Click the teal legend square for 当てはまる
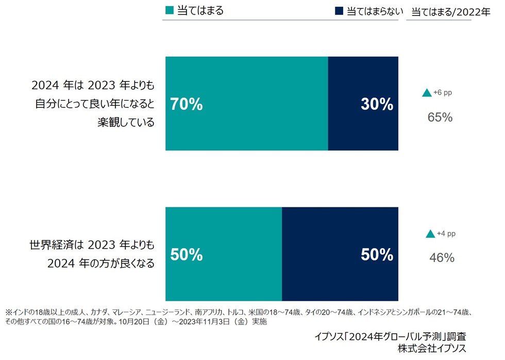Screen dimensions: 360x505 pyautogui.click(x=170, y=10)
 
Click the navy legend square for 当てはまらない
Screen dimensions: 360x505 pyautogui.click(x=339, y=11)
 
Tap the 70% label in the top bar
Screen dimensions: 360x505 pyautogui.click(x=187, y=105)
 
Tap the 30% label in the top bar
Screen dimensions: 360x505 pyautogui.click(x=377, y=105)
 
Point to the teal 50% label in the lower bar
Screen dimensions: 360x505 pyautogui.click(x=187, y=255)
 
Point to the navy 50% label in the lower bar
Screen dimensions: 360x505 pyautogui.click(x=377, y=255)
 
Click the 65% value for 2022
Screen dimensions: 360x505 pyautogui.click(x=440, y=118)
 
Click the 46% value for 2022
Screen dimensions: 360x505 pyautogui.click(x=442, y=258)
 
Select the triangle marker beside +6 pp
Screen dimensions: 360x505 pyautogui.click(x=427, y=93)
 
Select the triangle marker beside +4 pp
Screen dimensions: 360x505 pyautogui.click(x=430, y=234)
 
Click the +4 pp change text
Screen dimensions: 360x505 pyautogui.click(x=446, y=234)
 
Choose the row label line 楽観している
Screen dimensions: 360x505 pyautogui.click(x=126, y=123)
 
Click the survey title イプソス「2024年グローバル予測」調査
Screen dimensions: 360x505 pyautogui.click(x=391, y=337)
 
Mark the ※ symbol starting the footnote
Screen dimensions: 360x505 pyautogui.click(x=8, y=312)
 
